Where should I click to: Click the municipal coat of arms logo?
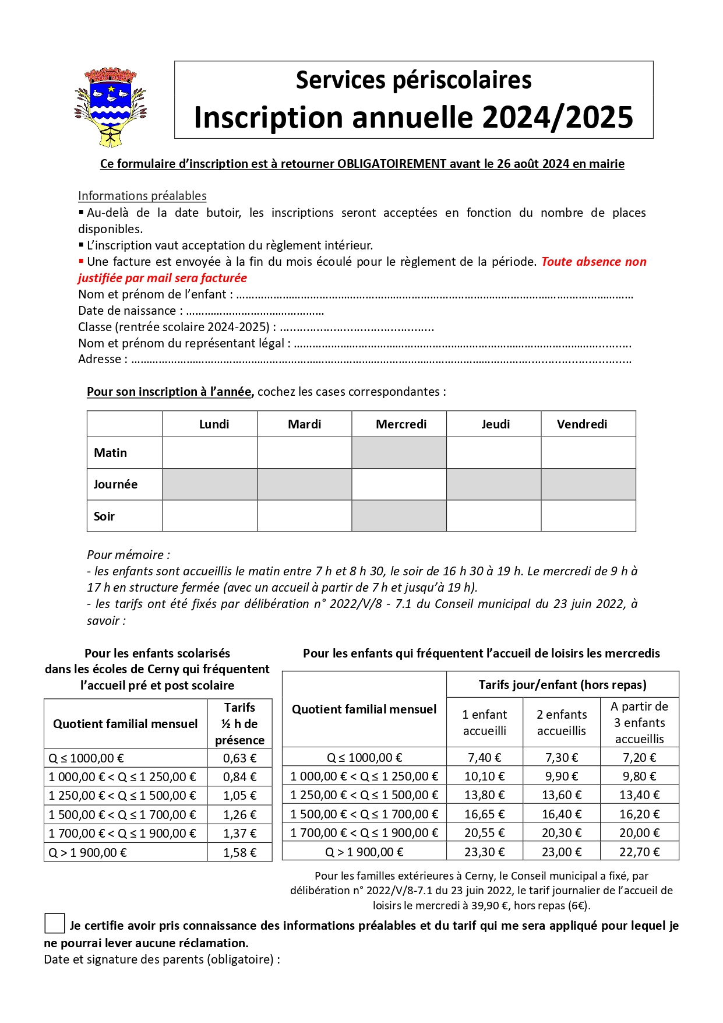(x=111, y=107)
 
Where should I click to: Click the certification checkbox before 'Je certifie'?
(x=54, y=923)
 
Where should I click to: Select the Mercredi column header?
(x=401, y=424)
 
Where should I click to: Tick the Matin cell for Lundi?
(x=210, y=453)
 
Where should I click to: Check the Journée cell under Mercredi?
(x=399, y=484)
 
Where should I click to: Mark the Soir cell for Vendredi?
(x=588, y=516)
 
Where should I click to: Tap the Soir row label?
(x=104, y=516)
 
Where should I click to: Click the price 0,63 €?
(x=239, y=758)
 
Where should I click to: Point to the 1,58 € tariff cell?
(x=239, y=853)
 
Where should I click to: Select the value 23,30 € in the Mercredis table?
(x=484, y=852)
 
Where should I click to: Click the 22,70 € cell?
(x=639, y=852)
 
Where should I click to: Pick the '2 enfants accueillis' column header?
(x=562, y=723)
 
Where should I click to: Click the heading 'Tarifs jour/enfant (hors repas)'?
(x=562, y=685)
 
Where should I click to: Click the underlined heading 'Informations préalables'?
(x=142, y=196)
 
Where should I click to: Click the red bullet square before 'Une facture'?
(x=81, y=261)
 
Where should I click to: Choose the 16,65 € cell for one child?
(x=484, y=814)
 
